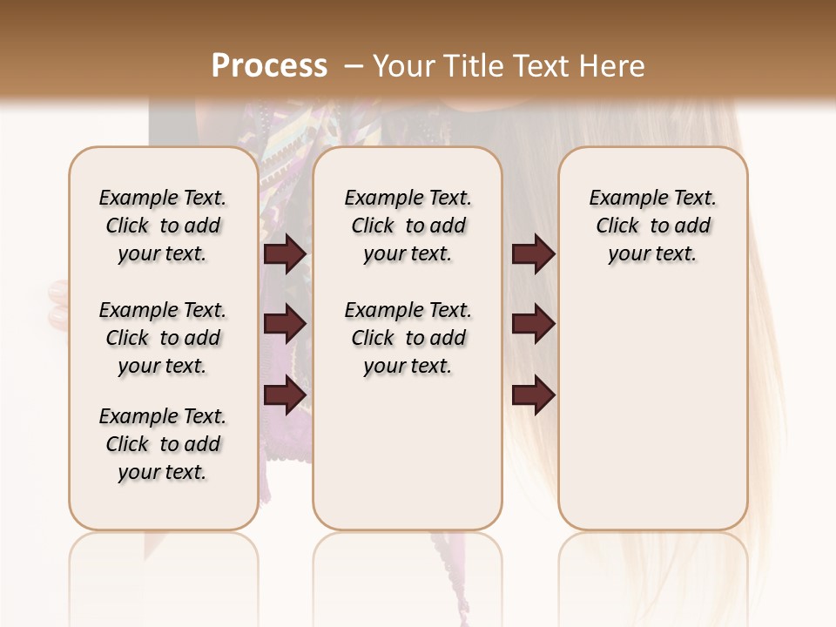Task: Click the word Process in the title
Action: coord(269,66)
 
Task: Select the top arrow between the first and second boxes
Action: coord(285,254)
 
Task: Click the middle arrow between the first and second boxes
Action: coord(285,324)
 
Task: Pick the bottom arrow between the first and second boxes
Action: coord(285,394)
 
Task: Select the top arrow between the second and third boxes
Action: coord(533,254)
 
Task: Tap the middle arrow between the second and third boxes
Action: coord(533,324)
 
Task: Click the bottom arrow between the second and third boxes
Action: coord(533,394)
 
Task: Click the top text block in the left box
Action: coord(163,226)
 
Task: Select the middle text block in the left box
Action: coord(163,338)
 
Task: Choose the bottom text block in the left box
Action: coord(163,444)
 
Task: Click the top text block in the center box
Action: coord(408,226)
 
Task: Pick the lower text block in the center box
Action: coord(408,338)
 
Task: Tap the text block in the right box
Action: coord(652,226)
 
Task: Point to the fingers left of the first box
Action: coord(58,305)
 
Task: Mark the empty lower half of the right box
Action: coord(652,409)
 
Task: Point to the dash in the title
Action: coord(354,66)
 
